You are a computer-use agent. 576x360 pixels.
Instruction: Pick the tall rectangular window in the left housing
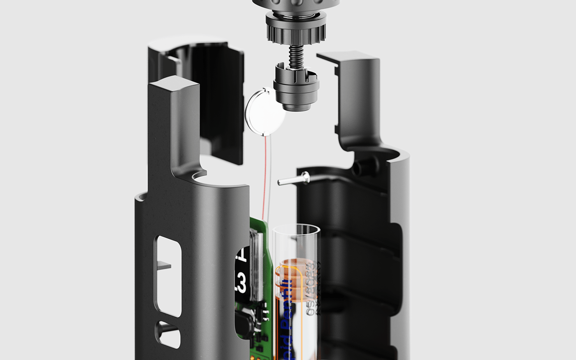168,276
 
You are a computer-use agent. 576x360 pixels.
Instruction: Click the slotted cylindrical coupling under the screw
296,86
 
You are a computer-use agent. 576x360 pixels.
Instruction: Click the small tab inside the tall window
164,265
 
